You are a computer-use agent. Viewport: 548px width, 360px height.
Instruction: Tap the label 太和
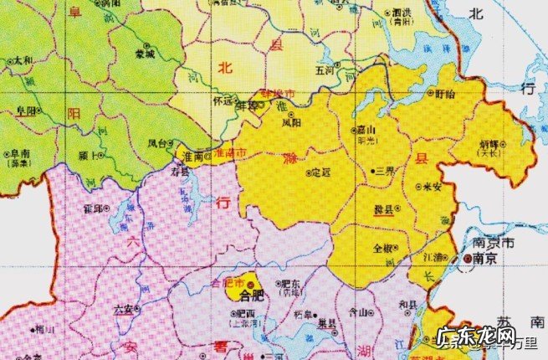(x=24, y=61)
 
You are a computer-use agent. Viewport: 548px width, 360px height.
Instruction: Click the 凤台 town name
(x=158, y=143)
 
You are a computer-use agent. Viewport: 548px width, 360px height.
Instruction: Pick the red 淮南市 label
(x=230, y=155)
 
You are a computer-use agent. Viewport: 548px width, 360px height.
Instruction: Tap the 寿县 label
(x=178, y=169)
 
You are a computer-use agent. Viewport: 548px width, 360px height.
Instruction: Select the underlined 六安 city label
(x=122, y=309)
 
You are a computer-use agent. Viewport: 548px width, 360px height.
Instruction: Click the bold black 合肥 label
(x=250, y=296)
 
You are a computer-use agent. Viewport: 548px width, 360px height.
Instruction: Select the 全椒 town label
(x=384, y=248)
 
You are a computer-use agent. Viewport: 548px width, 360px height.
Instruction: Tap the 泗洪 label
(x=402, y=13)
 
